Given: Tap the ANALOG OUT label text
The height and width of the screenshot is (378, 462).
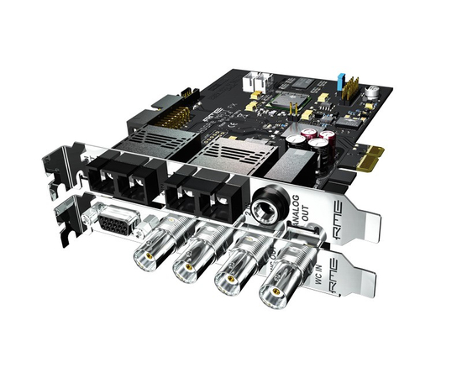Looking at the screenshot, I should pos(293,215).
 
